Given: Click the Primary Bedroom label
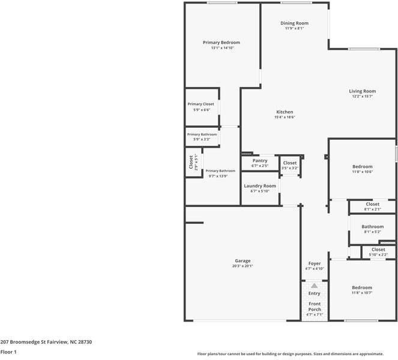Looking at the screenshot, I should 221,43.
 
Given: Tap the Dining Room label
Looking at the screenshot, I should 294,23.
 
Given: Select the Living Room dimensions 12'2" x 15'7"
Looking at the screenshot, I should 362,97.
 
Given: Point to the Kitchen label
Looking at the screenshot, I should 285,112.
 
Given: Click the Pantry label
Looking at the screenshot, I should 260,160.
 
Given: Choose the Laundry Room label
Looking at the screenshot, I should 260,186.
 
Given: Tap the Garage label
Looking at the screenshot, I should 243,261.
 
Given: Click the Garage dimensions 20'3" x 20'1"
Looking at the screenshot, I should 243,266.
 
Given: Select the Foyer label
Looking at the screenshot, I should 315,263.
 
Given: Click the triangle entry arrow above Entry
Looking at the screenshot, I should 314,286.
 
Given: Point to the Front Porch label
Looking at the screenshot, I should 315,307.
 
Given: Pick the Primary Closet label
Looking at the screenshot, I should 201,104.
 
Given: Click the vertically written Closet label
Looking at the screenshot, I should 191,162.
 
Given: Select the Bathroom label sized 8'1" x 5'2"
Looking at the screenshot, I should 372,227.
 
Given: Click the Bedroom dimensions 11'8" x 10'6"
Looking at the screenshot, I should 362,172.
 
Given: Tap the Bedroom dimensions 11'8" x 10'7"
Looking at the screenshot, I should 362,293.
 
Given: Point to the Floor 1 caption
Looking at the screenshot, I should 8,352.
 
